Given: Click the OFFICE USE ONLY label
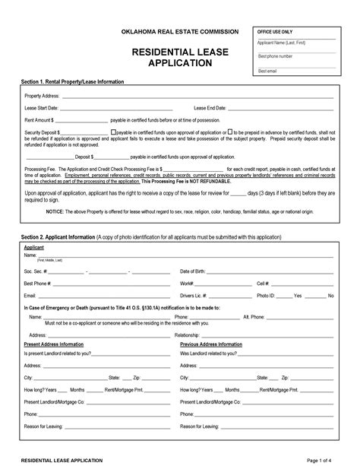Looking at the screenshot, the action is click(276, 32).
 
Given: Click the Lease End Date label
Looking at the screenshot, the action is click(210, 109).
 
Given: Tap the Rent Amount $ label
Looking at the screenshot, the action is click(39, 120).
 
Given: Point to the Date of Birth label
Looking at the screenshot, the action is click(194, 271).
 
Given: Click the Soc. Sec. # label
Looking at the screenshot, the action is click(36, 271).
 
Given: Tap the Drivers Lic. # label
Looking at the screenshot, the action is click(195, 295).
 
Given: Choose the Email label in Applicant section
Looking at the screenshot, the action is click(30, 295).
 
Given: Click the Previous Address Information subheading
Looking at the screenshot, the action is click(212, 344).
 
